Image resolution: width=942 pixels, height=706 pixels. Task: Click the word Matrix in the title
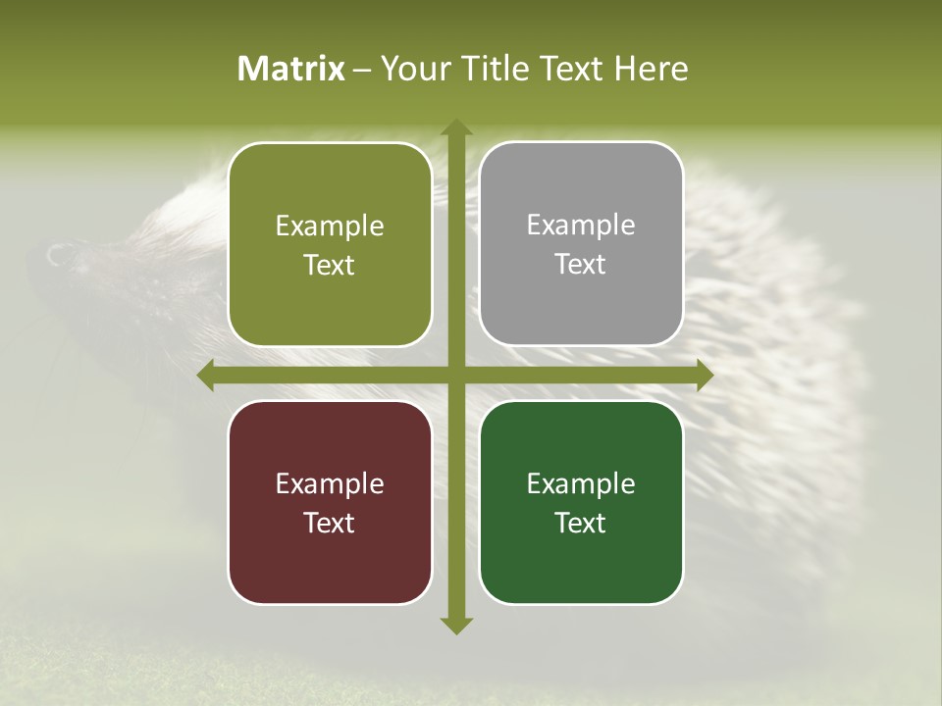(291, 69)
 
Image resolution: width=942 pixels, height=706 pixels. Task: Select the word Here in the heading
(651, 69)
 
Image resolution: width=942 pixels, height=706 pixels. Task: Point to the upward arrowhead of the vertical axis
(455, 127)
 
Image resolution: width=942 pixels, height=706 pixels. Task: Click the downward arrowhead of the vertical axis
(455, 625)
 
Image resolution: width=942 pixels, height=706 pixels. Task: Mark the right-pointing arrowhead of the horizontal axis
(704, 376)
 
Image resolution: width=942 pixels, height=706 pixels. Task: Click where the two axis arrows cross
(455, 376)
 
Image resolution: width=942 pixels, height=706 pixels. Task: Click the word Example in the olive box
(330, 227)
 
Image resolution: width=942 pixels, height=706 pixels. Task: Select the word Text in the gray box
(581, 265)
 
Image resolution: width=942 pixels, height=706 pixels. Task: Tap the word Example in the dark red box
(330, 484)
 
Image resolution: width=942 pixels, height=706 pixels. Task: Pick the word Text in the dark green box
(581, 523)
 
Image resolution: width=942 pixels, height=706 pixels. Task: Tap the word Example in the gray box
(581, 226)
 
